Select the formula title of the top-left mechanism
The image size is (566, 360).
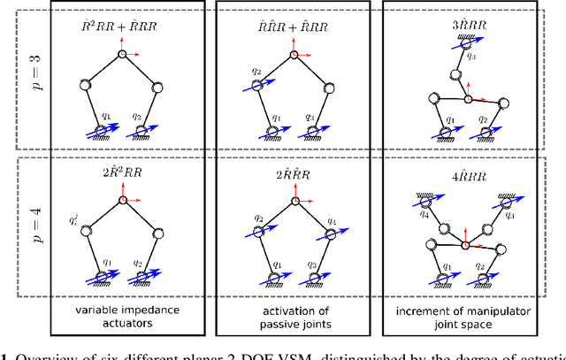coord(121,27)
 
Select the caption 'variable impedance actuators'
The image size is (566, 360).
coord(121,318)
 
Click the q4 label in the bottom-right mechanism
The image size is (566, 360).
coord(398,214)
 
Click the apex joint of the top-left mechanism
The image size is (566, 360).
coord(121,55)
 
